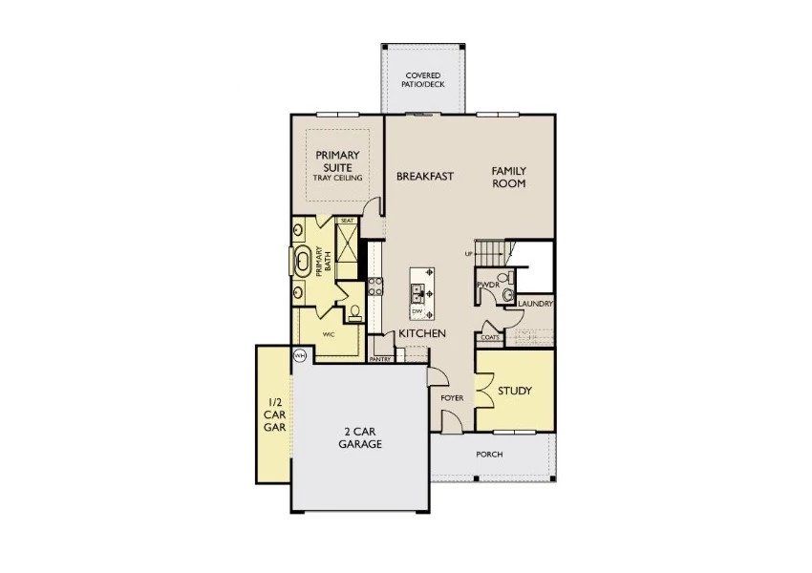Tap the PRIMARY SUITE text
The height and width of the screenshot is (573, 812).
pyautogui.click(x=339, y=161)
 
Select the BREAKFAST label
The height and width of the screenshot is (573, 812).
pyautogui.click(x=424, y=176)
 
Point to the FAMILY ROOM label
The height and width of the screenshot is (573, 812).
pyautogui.click(x=509, y=177)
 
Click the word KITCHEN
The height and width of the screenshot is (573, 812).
pyautogui.click(x=422, y=333)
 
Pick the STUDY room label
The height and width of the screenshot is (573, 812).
pyautogui.click(x=515, y=392)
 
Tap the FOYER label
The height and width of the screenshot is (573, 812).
pyautogui.click(x=452, y=397)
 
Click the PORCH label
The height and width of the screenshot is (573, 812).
pyautogui.click(x=489, y=454)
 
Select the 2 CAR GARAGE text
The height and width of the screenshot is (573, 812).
pyautogui.click(x=362, y=437)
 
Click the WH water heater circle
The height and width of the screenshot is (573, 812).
pyautogui.click(x=299, y=356)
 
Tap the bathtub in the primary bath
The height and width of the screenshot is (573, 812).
pyautogui.click(x=303, y=260)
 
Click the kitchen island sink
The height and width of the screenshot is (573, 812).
pyautogui.click(x=417, y=290)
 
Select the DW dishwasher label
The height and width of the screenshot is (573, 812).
pyautogui.click(x=417, y=312)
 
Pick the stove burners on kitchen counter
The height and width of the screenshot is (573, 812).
pyautogui.click(x=375, y=287)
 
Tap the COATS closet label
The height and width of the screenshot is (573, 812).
pyautogui.click(x=489, y=337)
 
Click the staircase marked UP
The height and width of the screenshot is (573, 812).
pyautogui.click(x=489, y=253)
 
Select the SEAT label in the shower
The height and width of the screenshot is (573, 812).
pyautogui.click(x=347, y=221)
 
